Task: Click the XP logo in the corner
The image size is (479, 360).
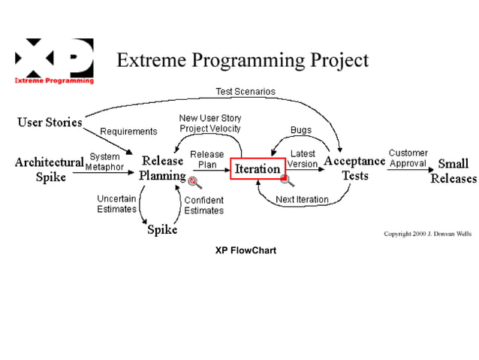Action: tap(54, 61)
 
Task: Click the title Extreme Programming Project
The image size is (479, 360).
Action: tap(243, 60)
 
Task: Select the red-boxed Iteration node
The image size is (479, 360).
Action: tap(257, 169)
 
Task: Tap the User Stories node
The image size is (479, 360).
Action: tap(50, 123)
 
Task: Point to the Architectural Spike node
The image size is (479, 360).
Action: tap(50, 170)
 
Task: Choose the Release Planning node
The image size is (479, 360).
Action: tap(162, 169)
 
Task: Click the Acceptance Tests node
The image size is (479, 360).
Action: tap(354, 169)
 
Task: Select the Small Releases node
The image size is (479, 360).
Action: tap(453, 171)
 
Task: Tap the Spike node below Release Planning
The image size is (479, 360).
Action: tap(161, 230)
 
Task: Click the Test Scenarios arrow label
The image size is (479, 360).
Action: tap(246, 92)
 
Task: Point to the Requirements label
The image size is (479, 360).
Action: tap(128, 132)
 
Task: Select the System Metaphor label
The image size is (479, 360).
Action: tap(104, 162)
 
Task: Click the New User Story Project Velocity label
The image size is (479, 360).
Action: tap(210, 123)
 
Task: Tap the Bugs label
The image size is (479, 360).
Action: tap(300, 130)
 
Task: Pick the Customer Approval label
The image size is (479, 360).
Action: tap(408, 159)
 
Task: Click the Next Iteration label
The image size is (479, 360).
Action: tap(302, 200)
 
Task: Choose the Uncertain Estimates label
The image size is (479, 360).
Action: tap(116, 204)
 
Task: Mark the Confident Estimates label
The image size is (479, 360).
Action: tap(203, 205)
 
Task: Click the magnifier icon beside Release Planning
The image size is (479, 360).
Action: tap(195, 182)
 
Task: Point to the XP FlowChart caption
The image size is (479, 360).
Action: tap(246, 250)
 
